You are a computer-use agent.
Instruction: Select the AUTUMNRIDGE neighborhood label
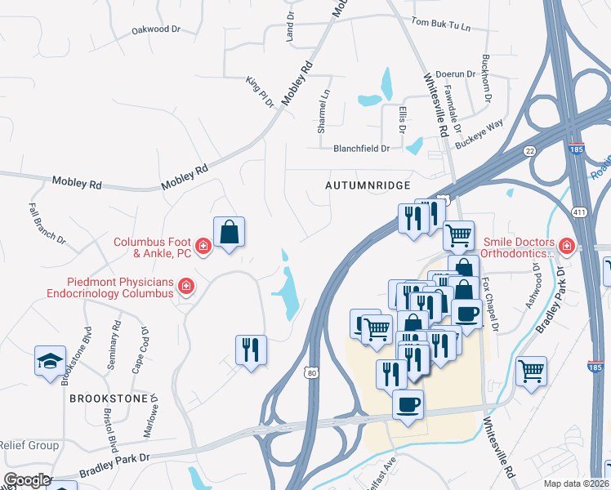368,186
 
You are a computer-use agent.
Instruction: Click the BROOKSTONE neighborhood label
108,399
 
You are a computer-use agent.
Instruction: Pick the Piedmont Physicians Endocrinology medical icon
186,286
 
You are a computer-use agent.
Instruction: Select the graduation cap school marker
49,360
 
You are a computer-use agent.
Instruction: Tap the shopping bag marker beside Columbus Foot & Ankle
230,231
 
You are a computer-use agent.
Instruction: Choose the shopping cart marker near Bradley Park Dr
531,371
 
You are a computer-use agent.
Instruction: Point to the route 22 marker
530,150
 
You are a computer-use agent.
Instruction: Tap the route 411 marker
579,212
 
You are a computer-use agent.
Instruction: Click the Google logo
26,480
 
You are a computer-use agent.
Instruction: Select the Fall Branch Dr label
46,224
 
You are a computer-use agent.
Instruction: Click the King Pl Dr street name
260,91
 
